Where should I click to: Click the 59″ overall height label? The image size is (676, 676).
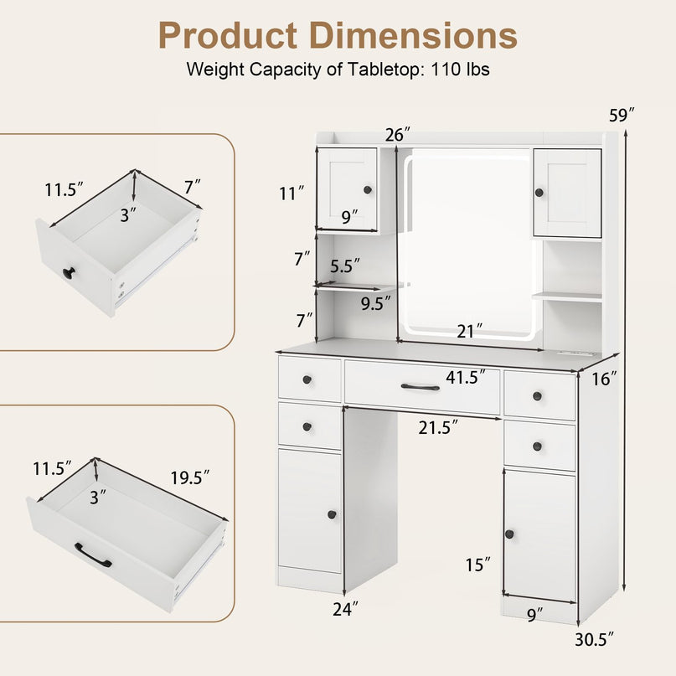622,116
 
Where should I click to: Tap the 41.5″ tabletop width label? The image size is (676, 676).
466,377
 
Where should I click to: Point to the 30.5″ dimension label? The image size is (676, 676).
594,639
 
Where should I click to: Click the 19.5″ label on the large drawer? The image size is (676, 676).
189,477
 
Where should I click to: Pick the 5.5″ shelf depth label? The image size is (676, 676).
345,266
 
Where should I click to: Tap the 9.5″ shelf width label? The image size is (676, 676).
375,303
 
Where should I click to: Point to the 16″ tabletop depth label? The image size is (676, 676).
604,379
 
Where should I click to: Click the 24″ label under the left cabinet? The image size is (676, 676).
345,609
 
